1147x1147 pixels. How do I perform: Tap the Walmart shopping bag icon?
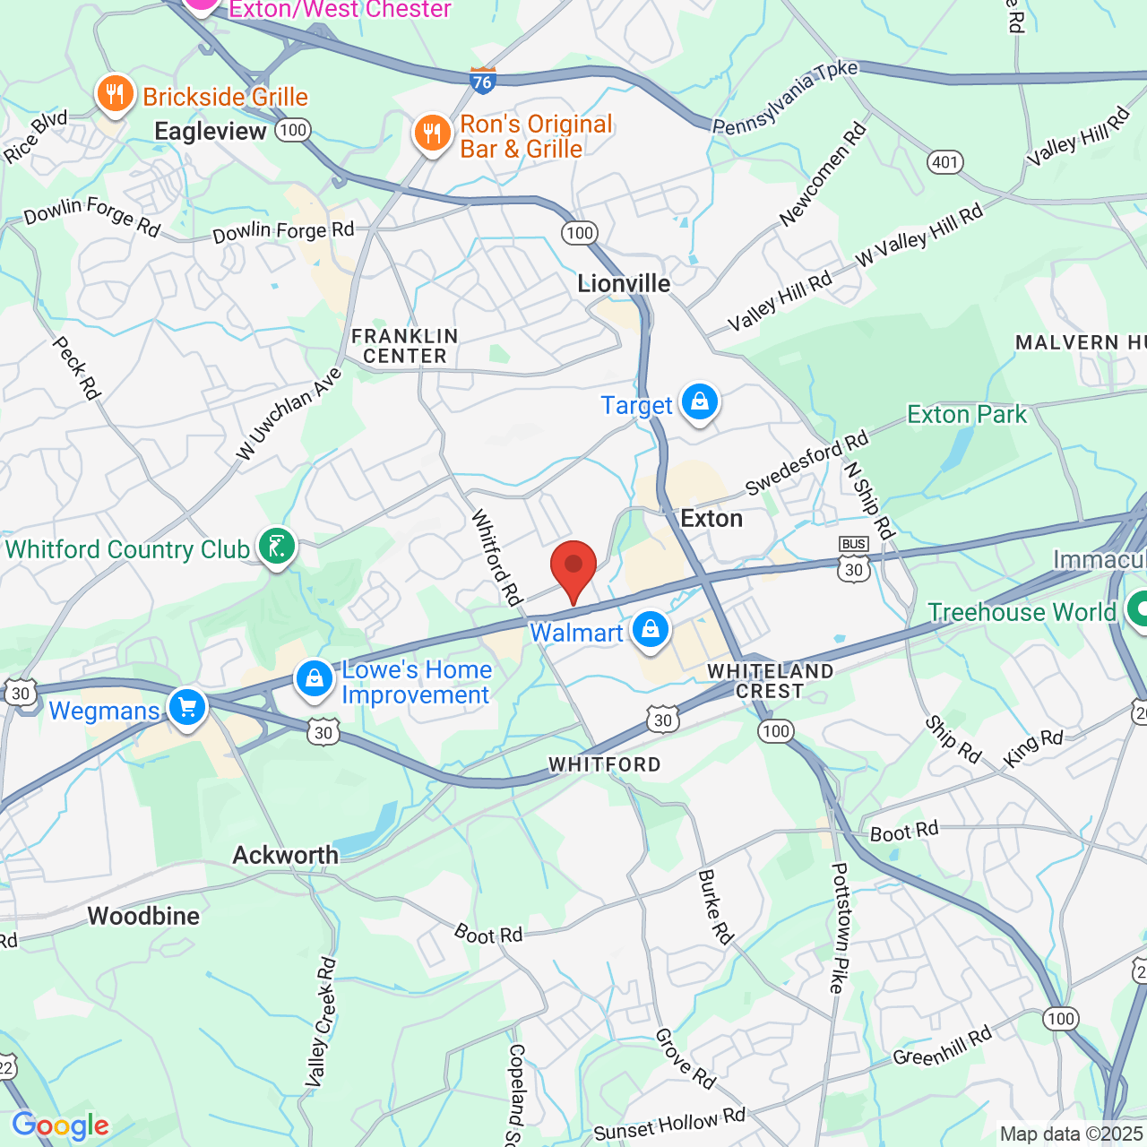click(651, 630)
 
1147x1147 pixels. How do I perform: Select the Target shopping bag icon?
click(699, 402)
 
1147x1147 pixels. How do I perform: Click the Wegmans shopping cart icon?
click(187, 709)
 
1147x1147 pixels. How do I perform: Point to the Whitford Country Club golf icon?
click(277, 547)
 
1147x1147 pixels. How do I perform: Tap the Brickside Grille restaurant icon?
click(115, 93)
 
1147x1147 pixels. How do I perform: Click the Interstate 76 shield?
click(482, 81)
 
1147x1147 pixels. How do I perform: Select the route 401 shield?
click(944, 162)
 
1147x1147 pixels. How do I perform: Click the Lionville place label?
click(624, 284)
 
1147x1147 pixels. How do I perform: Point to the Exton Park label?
click(967, 415)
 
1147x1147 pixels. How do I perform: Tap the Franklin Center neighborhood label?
click(405, 346)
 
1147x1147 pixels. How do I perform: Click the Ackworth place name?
click(286, 855)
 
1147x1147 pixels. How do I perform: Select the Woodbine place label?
click(143, 916)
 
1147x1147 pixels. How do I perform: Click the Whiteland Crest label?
click(770, 681)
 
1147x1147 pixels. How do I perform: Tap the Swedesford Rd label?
click(806, 462)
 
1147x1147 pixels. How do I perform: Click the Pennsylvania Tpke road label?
click(786, 97)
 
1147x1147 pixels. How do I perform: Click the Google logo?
click(60, 1125)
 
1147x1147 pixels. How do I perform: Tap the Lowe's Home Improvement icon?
click(315, 680)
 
